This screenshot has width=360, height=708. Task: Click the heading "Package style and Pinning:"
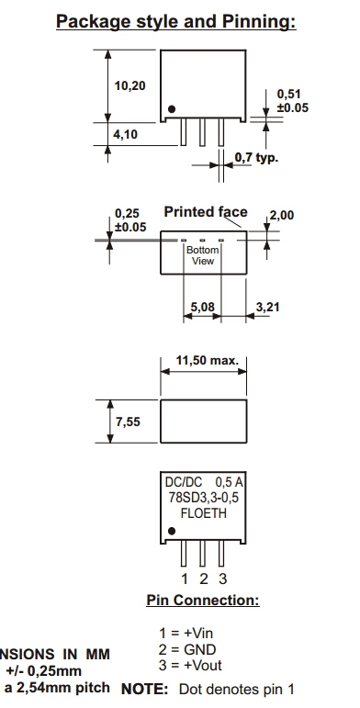click(x=176, y=22)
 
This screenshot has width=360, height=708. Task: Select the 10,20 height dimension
click(x=130, y=85)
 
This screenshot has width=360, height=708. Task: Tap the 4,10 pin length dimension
click(x=125, y=134)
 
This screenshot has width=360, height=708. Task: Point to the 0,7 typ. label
click(x=256, y=158)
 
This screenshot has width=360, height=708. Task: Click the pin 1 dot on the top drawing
click(x=172, y=109)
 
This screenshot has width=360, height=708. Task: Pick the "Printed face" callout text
click(x=206, y=212)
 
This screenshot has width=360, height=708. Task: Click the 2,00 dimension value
click(x=282, y=215)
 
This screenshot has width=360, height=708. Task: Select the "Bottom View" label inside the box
click(x=203, y=255)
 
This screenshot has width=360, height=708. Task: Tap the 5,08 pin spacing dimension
click(x=202, y=307)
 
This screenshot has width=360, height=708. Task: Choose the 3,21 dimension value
click(x=268, y=307)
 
